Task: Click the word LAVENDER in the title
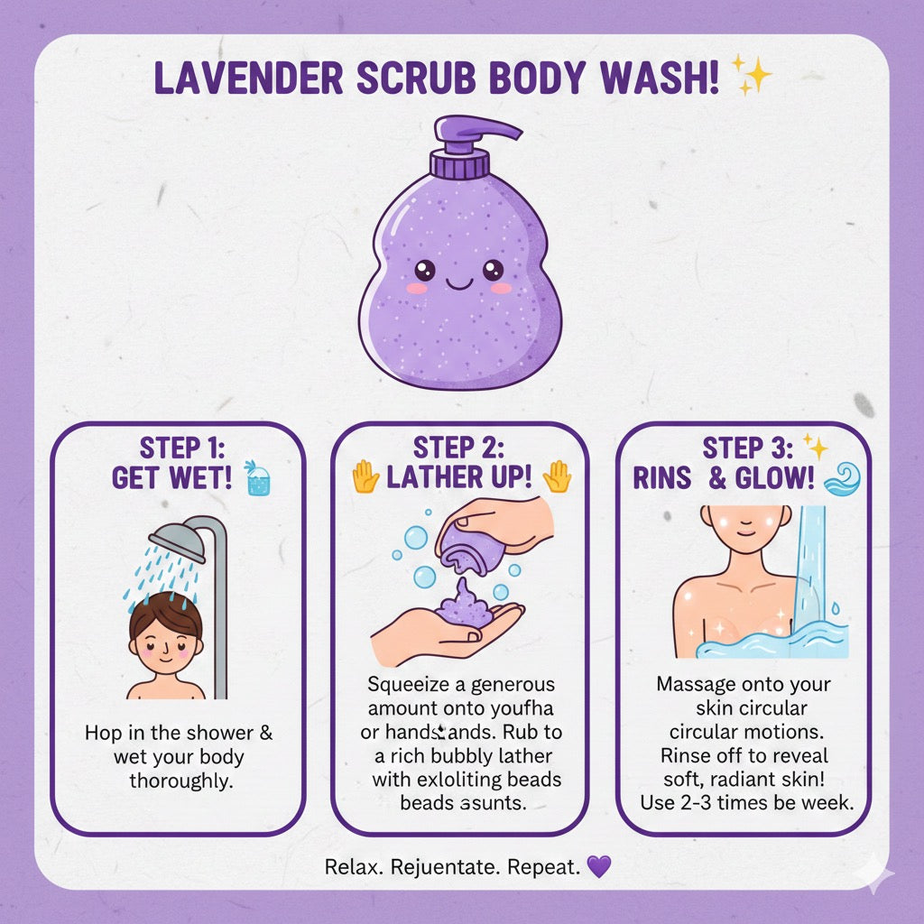pyautogui.click(x=245, y=79)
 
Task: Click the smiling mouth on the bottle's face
pyautogui.click(x=457, y=282)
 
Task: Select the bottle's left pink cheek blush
pyautogui.click(x=417, y=288)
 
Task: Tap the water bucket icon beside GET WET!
pyautogui.click(x=258, y=479)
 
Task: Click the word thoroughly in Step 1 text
pyautogui.click(x=180, y=781)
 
